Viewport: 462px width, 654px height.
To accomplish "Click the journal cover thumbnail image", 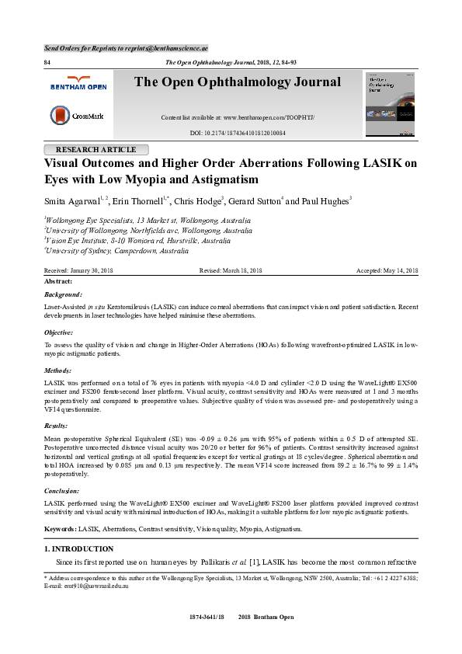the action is coord(390,104).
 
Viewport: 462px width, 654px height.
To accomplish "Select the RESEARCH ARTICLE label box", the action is coord(97,149).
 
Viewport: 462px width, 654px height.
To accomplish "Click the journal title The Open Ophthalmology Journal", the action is coord(237,82).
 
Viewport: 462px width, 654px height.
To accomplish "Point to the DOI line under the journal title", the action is coord(238,134).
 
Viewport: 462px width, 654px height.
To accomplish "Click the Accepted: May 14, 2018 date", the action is coord(387,270).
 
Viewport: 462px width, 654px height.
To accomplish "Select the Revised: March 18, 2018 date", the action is coord(231,270).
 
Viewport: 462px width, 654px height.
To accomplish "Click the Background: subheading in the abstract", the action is coord(63,295).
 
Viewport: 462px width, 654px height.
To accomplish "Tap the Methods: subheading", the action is coord(59,371).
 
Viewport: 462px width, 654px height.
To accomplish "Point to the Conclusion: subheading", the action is coord(64,491).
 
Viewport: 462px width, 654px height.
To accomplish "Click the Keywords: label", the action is coord(60,529).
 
